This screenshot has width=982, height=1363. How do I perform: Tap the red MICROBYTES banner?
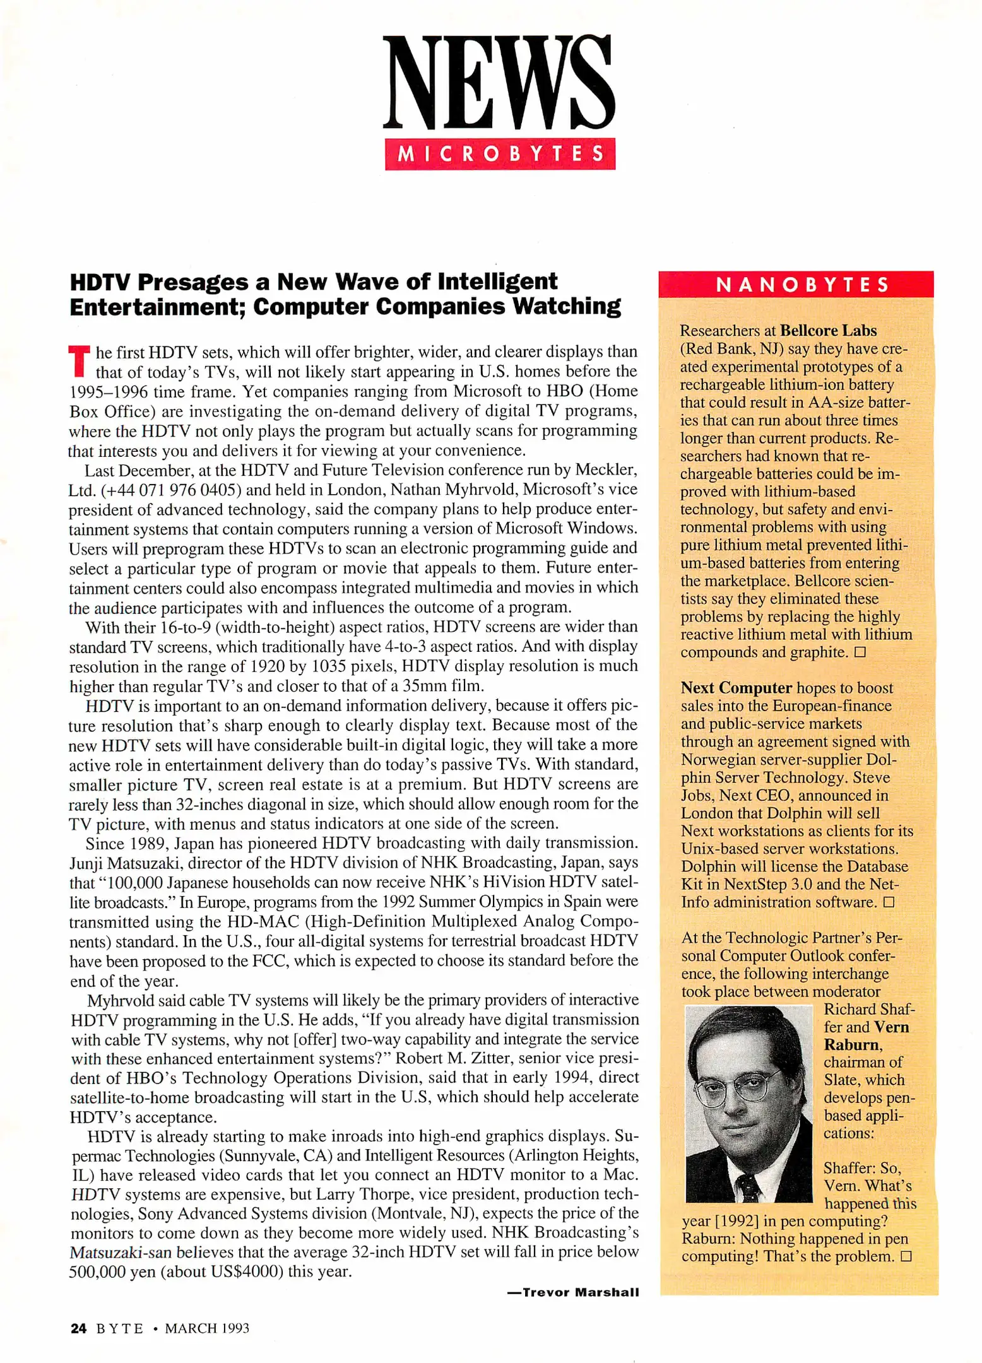coord(500,154)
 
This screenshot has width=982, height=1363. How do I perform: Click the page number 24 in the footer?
coord(78,1328)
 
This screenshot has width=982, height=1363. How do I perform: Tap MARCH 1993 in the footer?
coord(207,1328)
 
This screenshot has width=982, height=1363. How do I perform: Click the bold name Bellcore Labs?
coord(828,331)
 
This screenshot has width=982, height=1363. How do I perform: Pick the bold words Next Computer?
coord(736,688)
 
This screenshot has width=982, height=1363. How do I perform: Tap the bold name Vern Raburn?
coord(866,1036)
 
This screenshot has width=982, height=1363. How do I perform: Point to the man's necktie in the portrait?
coord(749,1186)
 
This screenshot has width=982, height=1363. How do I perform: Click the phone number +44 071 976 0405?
coord(171,490)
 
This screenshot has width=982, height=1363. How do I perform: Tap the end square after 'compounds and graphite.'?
coord(860,652)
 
